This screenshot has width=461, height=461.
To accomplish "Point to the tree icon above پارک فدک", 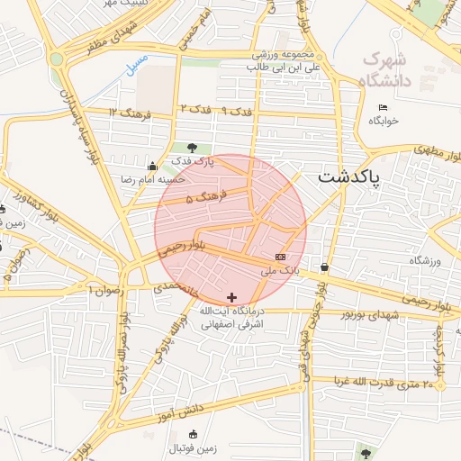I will coord(191,147).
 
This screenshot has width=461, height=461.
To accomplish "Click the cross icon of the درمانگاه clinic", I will coord(232,297).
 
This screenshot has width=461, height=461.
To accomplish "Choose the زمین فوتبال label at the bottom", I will coord(191,447).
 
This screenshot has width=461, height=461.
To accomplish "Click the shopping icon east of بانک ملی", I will coord(324,267).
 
